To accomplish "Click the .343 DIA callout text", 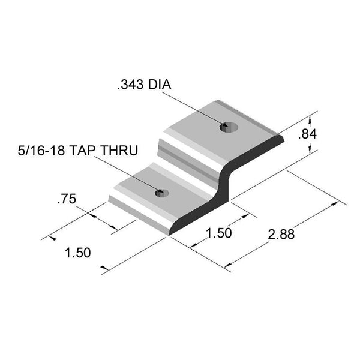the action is pyautogui.click(x=144, y=85).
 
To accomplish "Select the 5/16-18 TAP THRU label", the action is pyautogui.click(x=78, y=151).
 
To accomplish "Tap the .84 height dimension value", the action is pyautogui.click(x=307, y=134).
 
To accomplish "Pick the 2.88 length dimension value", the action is pyautogui.click(x=281, y=235).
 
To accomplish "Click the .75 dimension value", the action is pyautogui.click(x=67, y=199).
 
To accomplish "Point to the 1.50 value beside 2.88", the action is pyautogui.click(x=219, y=233).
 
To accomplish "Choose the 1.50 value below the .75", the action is pyautogui.click(x=78, y=253).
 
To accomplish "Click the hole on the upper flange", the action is pyautogui.click(x=229, y=127).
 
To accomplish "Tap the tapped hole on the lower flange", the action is pyautogui.click(x=162, y=193).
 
